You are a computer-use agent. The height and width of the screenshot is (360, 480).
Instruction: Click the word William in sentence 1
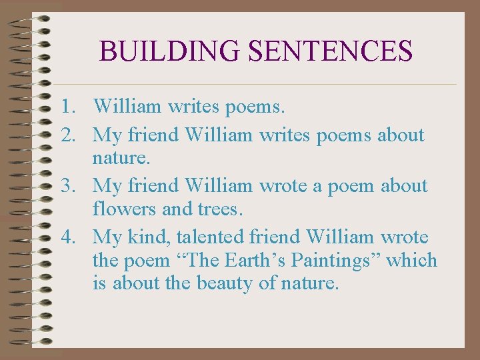click(127, 105)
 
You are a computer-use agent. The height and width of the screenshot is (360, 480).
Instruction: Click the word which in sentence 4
click(412, 260)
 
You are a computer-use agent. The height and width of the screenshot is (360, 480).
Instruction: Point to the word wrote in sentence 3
click(283, 185)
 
